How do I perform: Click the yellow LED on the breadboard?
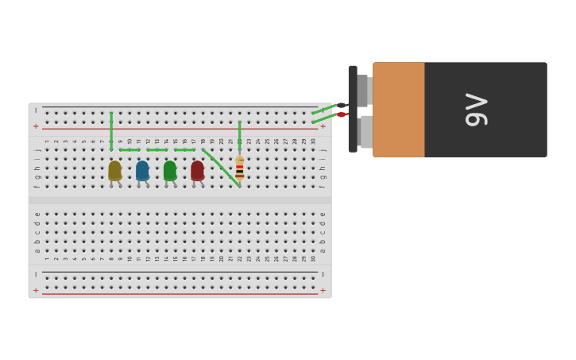pos(114,170)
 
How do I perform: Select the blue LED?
pos(142,170)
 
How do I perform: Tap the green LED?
pos(169,170)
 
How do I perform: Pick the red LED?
pos(197,170)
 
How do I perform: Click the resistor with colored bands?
pos(239,168)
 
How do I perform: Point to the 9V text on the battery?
pos(476,110)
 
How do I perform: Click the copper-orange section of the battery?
pos(398,110)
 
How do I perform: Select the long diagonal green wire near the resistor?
pos(221,168)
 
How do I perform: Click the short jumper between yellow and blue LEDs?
pos(130,149)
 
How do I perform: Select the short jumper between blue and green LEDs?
pos(157,149)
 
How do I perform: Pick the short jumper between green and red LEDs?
pos(184,149)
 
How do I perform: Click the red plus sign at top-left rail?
pos(36,126)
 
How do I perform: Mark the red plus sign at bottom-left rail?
pos(36,291)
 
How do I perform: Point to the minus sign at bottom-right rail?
pos(323,275)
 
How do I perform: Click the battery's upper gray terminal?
pos(362,90)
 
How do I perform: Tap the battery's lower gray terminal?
pos(365,132)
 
